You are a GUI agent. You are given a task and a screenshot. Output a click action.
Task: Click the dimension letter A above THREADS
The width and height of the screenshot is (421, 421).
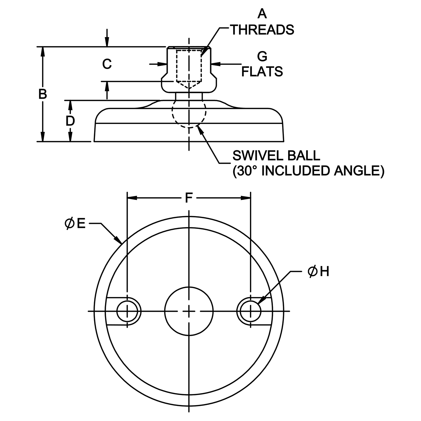coord(262,14)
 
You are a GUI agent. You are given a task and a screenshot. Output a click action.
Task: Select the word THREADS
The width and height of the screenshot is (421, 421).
coord(262,30)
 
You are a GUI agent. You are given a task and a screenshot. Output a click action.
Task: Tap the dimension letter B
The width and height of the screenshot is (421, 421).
coord(43,94)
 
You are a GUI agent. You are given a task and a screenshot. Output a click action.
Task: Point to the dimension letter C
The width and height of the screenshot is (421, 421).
coord(107,64)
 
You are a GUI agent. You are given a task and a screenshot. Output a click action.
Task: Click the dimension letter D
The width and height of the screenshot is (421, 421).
coord(70,121)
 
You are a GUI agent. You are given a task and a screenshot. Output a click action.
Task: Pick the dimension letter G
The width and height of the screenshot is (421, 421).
coord(262,57)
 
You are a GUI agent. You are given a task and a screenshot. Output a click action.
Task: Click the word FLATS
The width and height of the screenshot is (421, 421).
coord(262,71)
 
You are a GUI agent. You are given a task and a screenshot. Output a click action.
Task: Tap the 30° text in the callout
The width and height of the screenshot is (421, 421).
coord(246,171)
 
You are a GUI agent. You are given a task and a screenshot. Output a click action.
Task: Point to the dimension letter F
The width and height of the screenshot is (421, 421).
coord(189,198)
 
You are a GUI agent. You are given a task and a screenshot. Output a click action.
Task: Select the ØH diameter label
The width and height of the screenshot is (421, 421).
coord(318,272)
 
